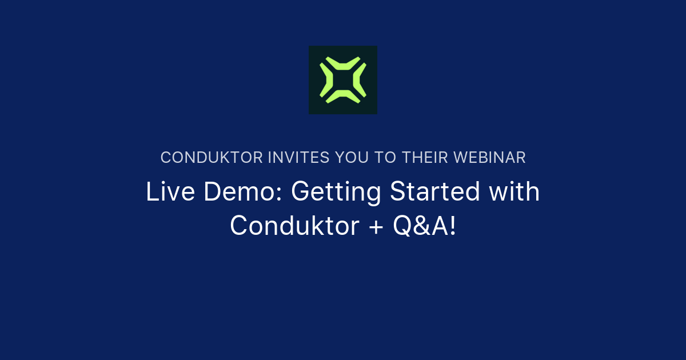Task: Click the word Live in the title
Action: click(166, 192)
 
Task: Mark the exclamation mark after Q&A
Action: click(453, 226)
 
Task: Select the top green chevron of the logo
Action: click(342, 61)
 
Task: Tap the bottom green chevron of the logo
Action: click(342, 98)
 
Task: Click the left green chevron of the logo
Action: click(324, 80)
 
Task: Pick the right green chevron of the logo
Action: click(361, 80)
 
